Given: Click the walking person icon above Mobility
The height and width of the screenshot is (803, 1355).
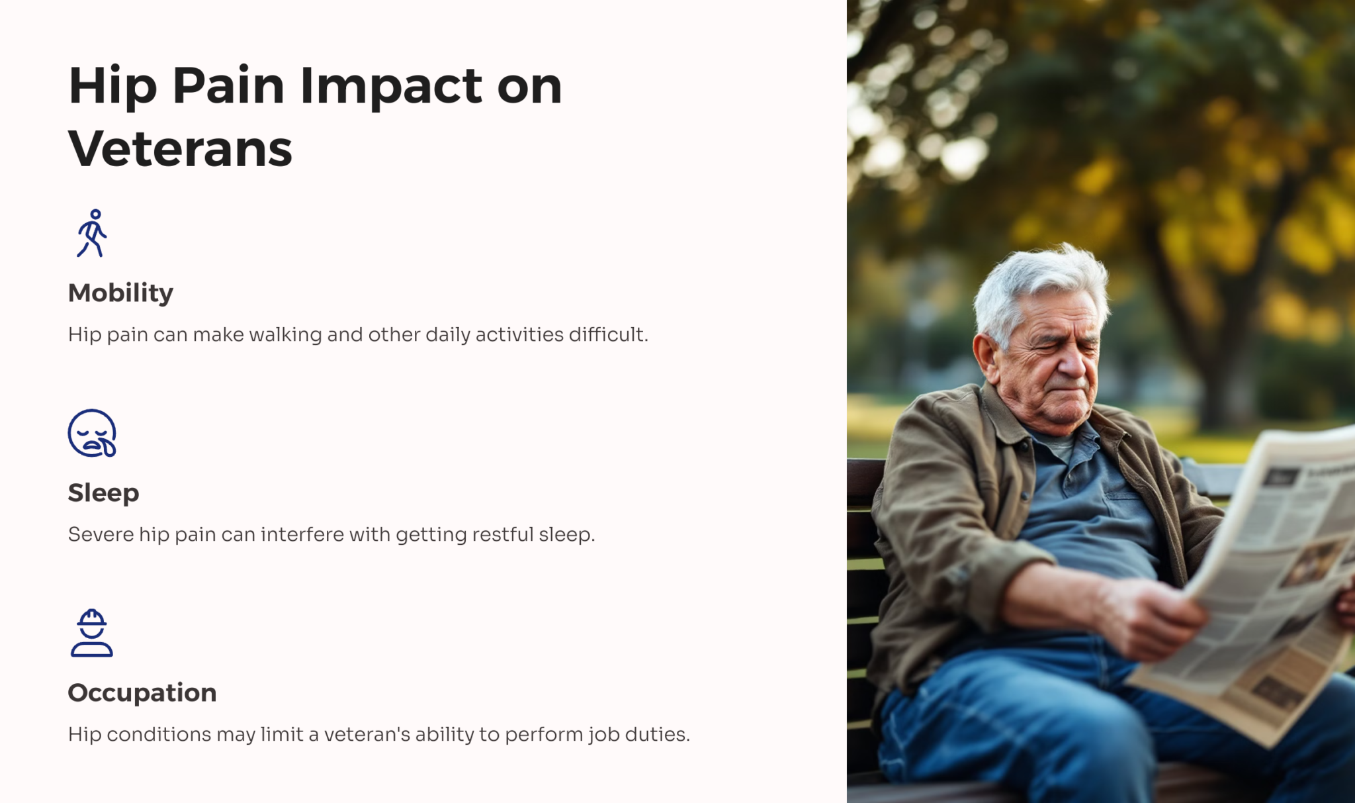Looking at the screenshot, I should coord(92,233).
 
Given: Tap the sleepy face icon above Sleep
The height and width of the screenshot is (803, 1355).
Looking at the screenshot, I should coord(92,434).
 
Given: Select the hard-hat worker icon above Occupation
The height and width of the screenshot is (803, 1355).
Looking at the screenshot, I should coord(92,633).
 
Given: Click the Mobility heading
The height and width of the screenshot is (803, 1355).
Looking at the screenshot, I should coord(120,293).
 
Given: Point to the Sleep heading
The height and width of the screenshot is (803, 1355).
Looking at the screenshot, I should coord(103,493).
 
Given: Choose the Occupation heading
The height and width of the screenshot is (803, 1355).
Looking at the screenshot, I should coord(142,692).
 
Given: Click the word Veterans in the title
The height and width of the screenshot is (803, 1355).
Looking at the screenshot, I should coord(180,148).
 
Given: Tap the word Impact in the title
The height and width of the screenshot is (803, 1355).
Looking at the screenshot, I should coord(391,86).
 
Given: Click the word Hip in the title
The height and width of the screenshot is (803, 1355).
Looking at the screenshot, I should coord(112,86).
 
